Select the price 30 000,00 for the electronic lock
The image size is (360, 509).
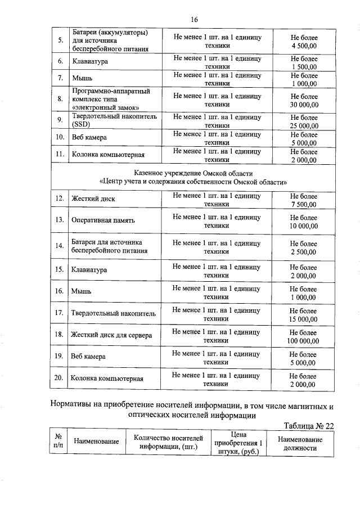[304, 105]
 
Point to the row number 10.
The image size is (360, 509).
[60, 137]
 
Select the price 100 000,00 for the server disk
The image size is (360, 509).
[304, 341]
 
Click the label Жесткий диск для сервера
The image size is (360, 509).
[111, 335]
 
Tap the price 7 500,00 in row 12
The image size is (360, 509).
[304, 204]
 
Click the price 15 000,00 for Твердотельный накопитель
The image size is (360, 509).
[304, 319]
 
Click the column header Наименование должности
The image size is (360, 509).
[300, 444]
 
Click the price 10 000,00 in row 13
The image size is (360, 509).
[304, 226]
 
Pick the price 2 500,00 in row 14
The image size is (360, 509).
[304, 252]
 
